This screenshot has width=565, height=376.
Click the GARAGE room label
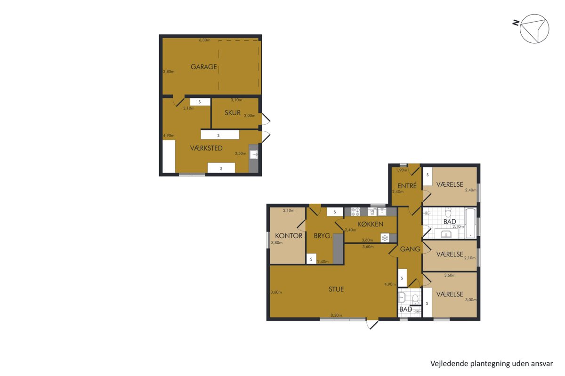tap(203, 67)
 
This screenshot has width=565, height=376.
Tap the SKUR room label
tap(232, 113)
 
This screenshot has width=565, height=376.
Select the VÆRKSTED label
tap(206, 148)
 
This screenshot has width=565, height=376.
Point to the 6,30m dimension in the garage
tap(204, 40)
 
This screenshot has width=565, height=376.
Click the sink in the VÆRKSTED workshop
tap(253, 154)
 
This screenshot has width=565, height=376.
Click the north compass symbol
tap(534, 29)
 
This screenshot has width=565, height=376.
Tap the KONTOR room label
tap(288, 236)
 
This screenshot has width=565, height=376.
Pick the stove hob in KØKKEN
tap(355, 212)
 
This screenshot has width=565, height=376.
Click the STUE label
tap(336, 289)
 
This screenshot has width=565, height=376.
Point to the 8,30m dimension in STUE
tap(336, 315)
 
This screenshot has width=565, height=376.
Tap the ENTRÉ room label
tap(407, 186)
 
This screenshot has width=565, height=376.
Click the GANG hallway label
tap(410, 249)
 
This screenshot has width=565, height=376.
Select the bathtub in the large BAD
tap(470, 223)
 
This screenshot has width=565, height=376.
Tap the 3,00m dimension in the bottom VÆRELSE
tap(471, 300)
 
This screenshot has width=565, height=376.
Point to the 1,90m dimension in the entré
tap(402, 170)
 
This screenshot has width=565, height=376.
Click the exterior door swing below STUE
tap(372, 325)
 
